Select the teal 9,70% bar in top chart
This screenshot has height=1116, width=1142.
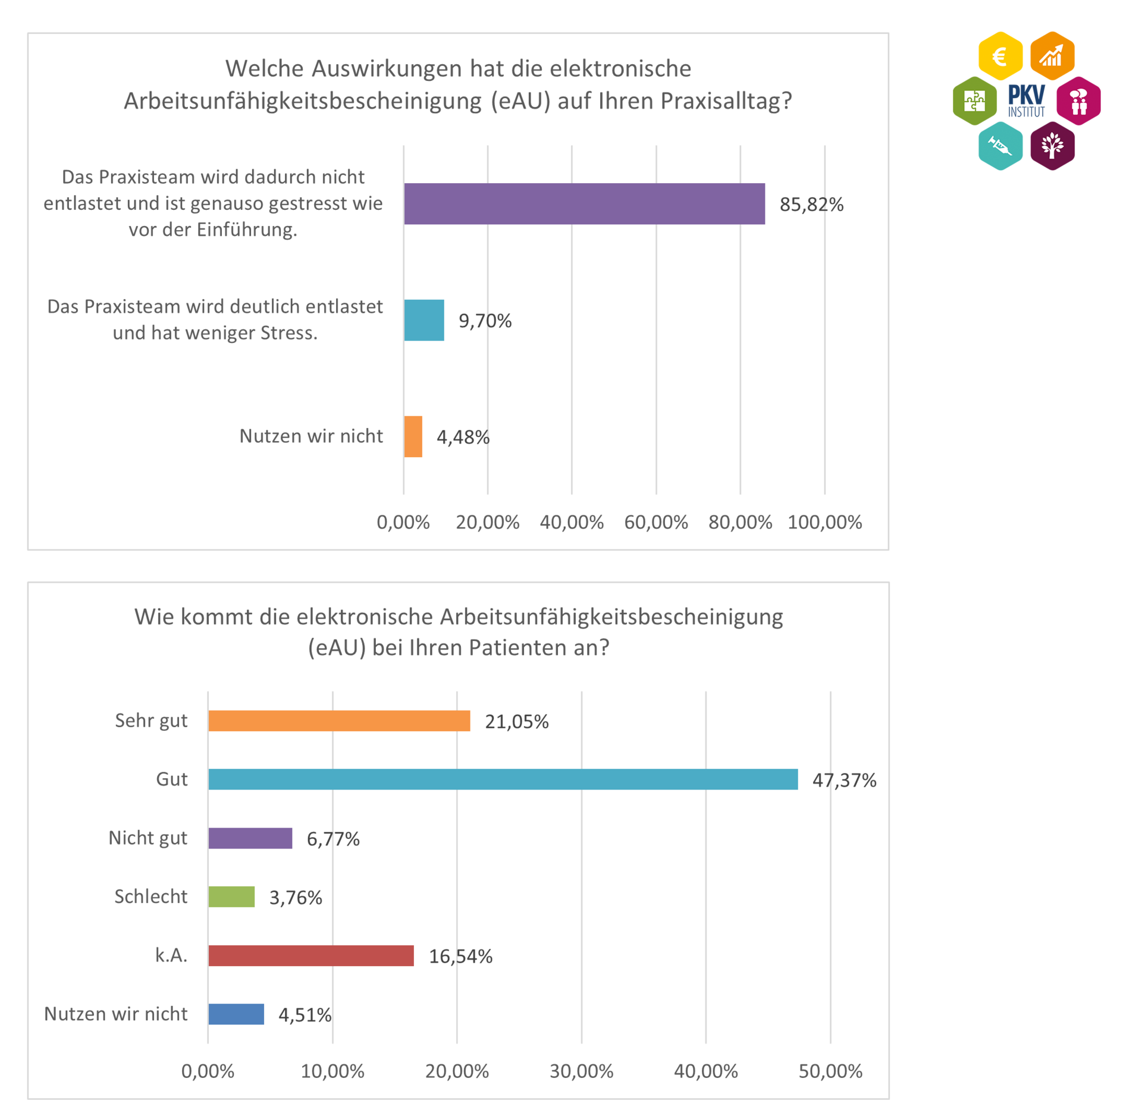(x=423, y=320)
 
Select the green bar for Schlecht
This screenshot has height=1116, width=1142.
(x=231, y=896)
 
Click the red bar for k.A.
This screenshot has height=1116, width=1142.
(x=311, y=955)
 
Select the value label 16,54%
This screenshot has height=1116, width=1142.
(x=460, y=955)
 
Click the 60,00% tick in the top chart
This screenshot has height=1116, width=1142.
(x=655, y=522)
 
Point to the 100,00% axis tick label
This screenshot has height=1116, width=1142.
(x=824, y=522)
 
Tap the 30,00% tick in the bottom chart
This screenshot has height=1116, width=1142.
(x=581, y=1070)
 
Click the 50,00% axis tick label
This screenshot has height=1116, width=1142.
(x=830, y=1070)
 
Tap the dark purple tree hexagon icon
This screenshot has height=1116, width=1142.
(x=1052, y=146)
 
